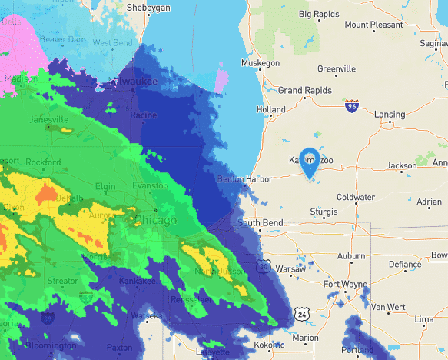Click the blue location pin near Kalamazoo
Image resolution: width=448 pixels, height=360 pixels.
click(310, 162)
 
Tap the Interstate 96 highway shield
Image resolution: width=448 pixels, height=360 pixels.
click(352, 107)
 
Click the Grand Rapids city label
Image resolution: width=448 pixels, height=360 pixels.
click(303, 91)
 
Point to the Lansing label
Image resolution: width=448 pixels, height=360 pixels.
click(390, 115)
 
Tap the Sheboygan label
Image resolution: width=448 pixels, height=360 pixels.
click(145, 7)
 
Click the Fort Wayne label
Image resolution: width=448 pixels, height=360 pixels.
click(343, 285)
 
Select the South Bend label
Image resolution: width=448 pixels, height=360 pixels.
click(260, 223)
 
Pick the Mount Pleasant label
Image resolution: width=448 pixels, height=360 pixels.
click(373, 25)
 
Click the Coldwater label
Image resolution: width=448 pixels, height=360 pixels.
click(355, 197)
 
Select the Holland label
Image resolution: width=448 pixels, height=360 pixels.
click(270, 110)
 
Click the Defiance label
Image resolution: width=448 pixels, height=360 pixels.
click(405, 265)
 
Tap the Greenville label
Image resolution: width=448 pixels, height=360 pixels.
click(337, 69)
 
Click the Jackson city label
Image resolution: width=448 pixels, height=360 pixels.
click(401, 165)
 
